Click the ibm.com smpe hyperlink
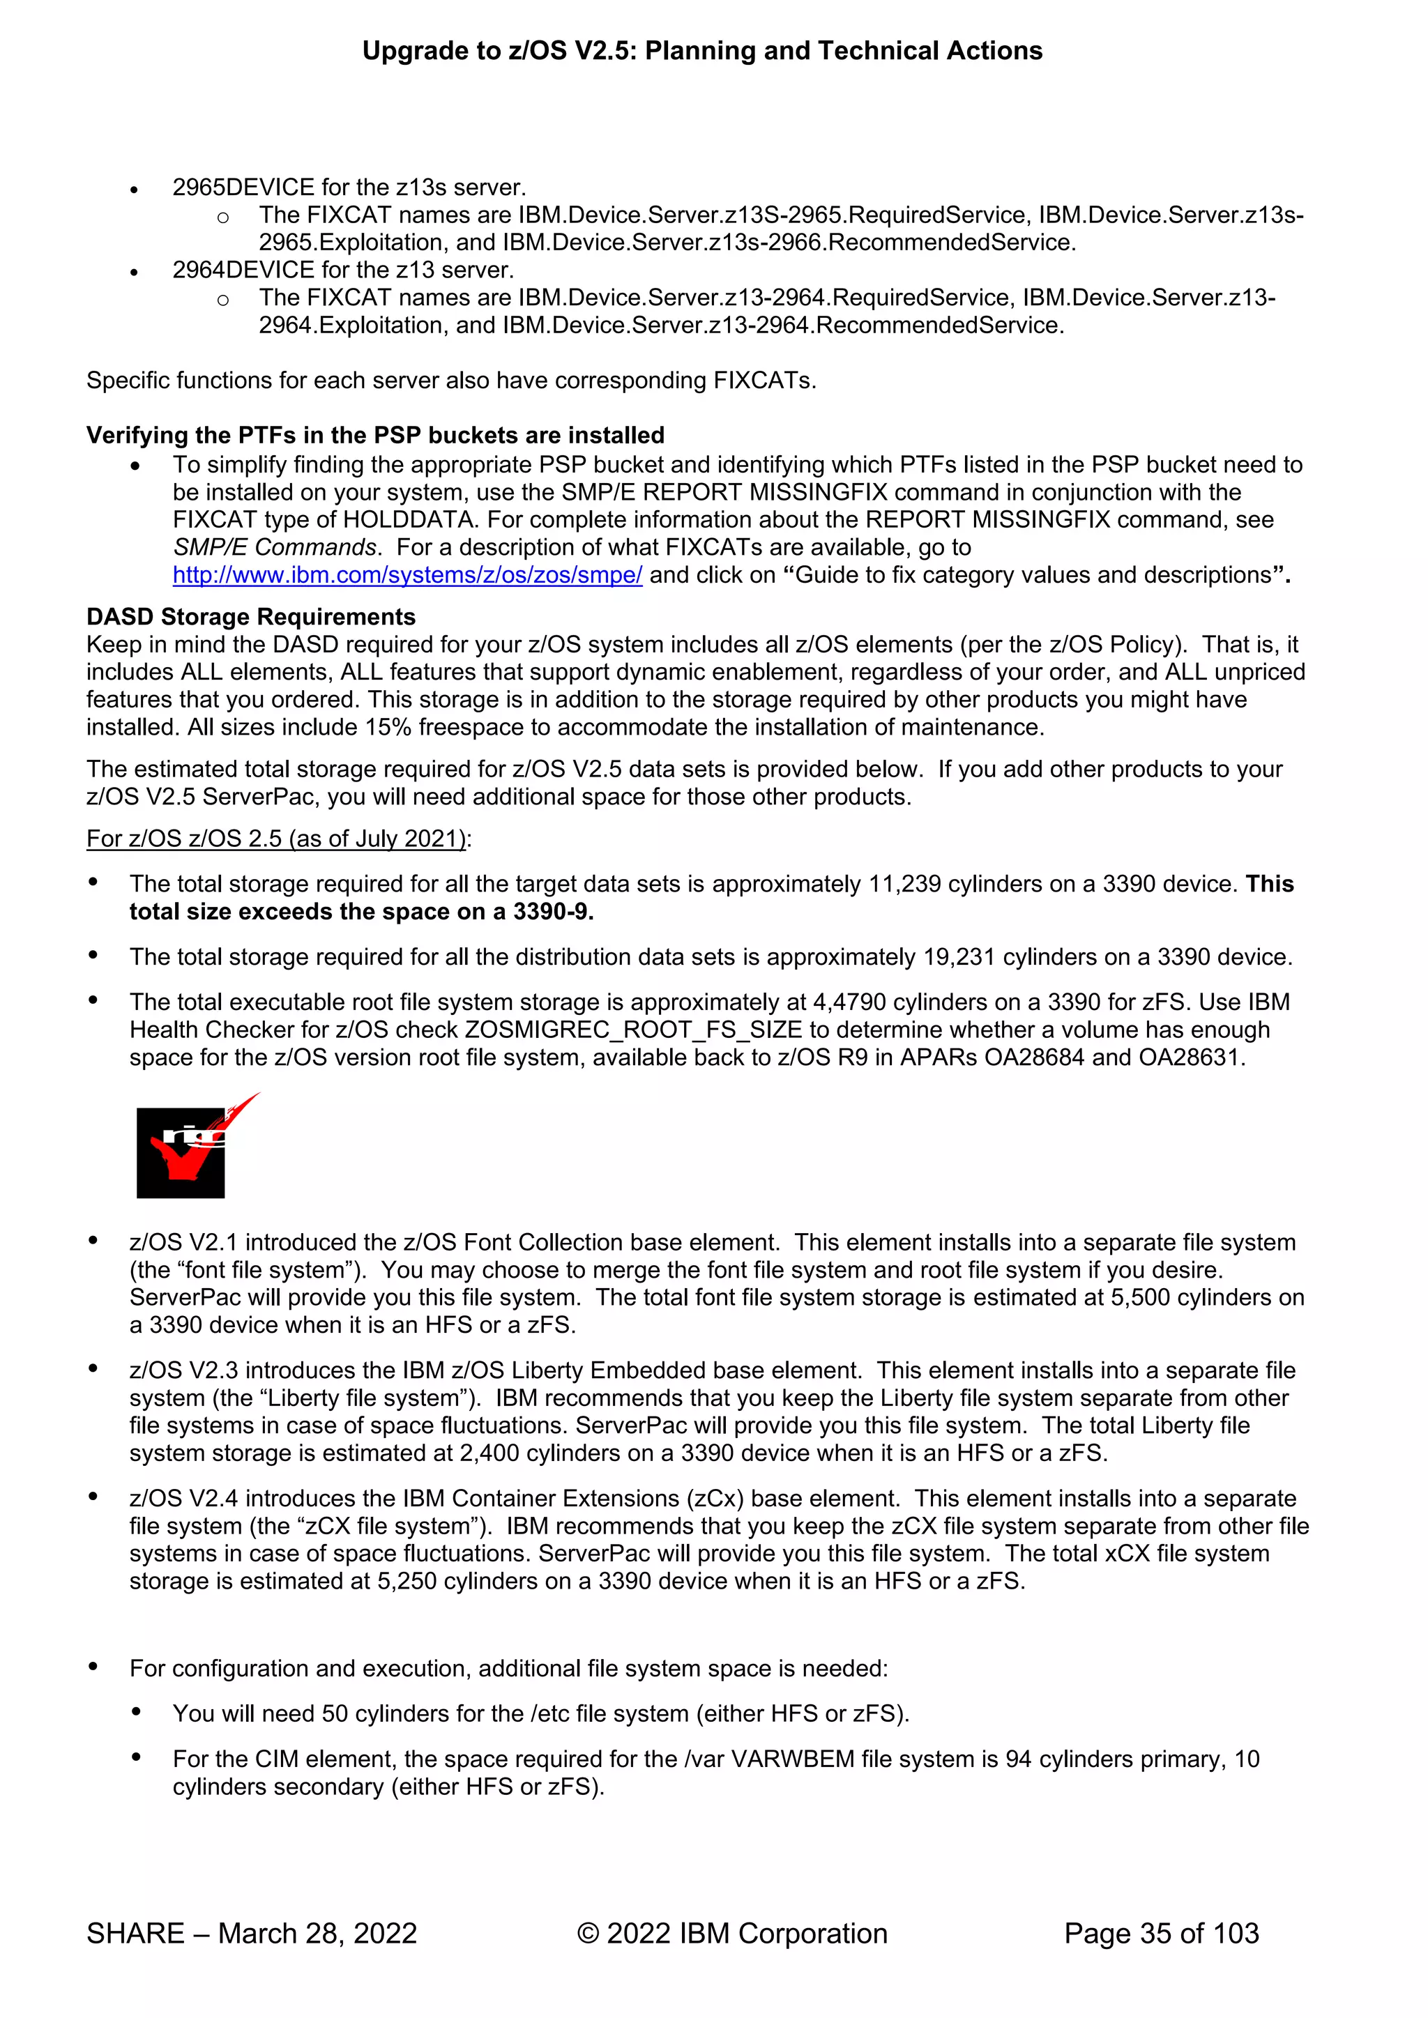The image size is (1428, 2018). [x=407, y=575]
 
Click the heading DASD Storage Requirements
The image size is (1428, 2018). [x=250, y=616]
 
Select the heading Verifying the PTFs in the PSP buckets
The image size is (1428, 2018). [x=375, y=435]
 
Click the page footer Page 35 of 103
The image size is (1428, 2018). [x=1161, y=1933]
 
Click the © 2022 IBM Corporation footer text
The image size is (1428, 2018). [x=731, y=1933]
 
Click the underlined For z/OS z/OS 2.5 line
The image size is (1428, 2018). [x=276, y=839]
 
